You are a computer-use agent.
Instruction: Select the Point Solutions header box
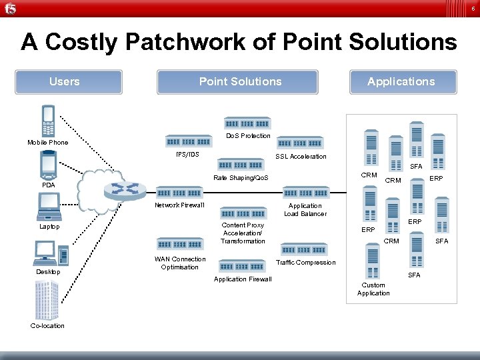[240, 82]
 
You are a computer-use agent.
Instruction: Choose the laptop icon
[49, 207]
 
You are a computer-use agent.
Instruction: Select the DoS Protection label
[248, 136]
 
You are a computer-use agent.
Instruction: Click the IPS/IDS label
[187, 155]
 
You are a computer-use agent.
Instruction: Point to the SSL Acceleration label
[301, 157]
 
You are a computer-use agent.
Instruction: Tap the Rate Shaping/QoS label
[241, 178]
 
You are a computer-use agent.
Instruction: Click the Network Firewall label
[179, 205]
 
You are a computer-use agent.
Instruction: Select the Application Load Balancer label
[305, 210]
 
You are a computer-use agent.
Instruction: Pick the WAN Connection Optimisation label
[180, 263]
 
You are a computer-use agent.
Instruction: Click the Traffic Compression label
[305, 263]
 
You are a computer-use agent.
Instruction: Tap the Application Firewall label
[243, 279]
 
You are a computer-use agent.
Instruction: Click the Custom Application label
[373, 289]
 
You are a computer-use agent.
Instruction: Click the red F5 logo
[10, 9]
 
